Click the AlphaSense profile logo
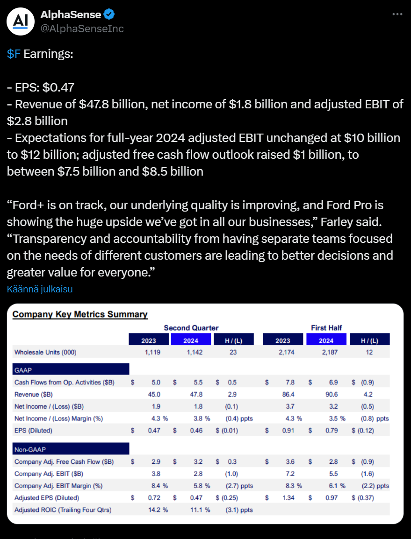click(x=20, y=21)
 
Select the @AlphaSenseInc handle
click(x=82, y=28)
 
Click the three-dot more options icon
click(x=397, y=14)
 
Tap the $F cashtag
click(x=14, y=54)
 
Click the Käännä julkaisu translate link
click(x=40, y=289)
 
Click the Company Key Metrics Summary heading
click(x=80, y=314)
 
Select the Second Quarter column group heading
click(x=191, y=328)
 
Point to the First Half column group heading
click(x=326, y=328)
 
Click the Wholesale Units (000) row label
click(x=45, y=352)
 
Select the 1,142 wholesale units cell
click(x=194, y=352)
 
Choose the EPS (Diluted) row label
click(x=33, y=430)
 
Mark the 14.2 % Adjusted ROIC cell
click(x=157, y=510)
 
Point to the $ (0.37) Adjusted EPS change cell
click(x=363, y=498)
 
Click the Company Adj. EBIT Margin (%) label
click(x=58, y=486)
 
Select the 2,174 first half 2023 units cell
click(x=286, y=352)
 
